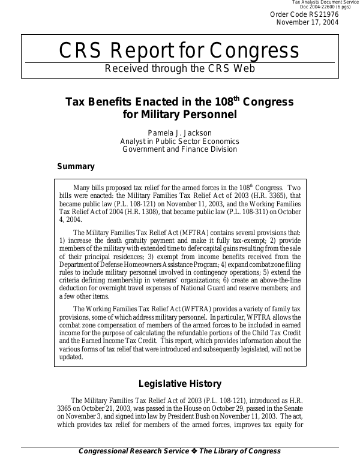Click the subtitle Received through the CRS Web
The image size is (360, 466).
point(179,68)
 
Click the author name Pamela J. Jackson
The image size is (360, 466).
point(179,133)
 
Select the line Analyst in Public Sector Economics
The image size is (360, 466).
point(179,141)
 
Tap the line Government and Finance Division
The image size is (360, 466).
point(179,149)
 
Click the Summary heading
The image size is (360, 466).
point(76,167)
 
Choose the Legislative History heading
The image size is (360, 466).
point(180,384)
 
